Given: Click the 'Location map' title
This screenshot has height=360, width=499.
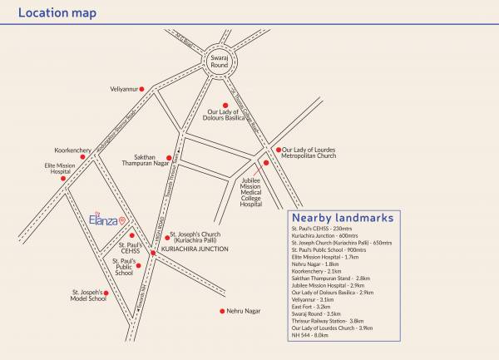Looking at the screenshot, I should [57, 13].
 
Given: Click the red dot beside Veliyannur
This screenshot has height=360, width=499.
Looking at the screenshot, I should [142, 88].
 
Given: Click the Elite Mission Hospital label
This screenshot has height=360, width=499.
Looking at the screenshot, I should [60, 169].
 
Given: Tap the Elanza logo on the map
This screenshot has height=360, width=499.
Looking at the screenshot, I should [106, 219].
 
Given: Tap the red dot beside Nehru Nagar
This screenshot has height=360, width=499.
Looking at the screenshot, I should [222, 311].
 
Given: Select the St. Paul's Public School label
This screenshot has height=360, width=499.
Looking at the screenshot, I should [123, 266].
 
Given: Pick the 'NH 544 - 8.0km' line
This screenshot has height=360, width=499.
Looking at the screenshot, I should [309, 335].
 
